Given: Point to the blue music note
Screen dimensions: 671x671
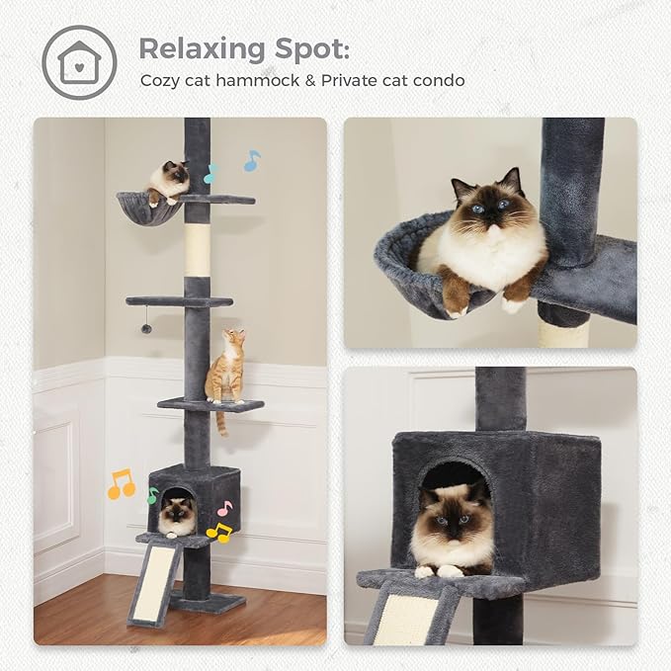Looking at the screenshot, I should click(252, 160).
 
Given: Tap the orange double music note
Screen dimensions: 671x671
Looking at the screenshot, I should click(121, 483).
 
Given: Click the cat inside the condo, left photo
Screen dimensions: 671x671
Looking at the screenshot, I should click(178, 514).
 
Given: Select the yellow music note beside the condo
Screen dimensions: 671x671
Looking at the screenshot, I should click(218, 534).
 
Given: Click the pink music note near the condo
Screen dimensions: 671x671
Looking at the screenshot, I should click(225, 508).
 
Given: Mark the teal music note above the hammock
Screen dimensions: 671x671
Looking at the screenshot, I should click(210, 175).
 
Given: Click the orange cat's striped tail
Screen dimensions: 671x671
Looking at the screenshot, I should click(221, 423).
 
